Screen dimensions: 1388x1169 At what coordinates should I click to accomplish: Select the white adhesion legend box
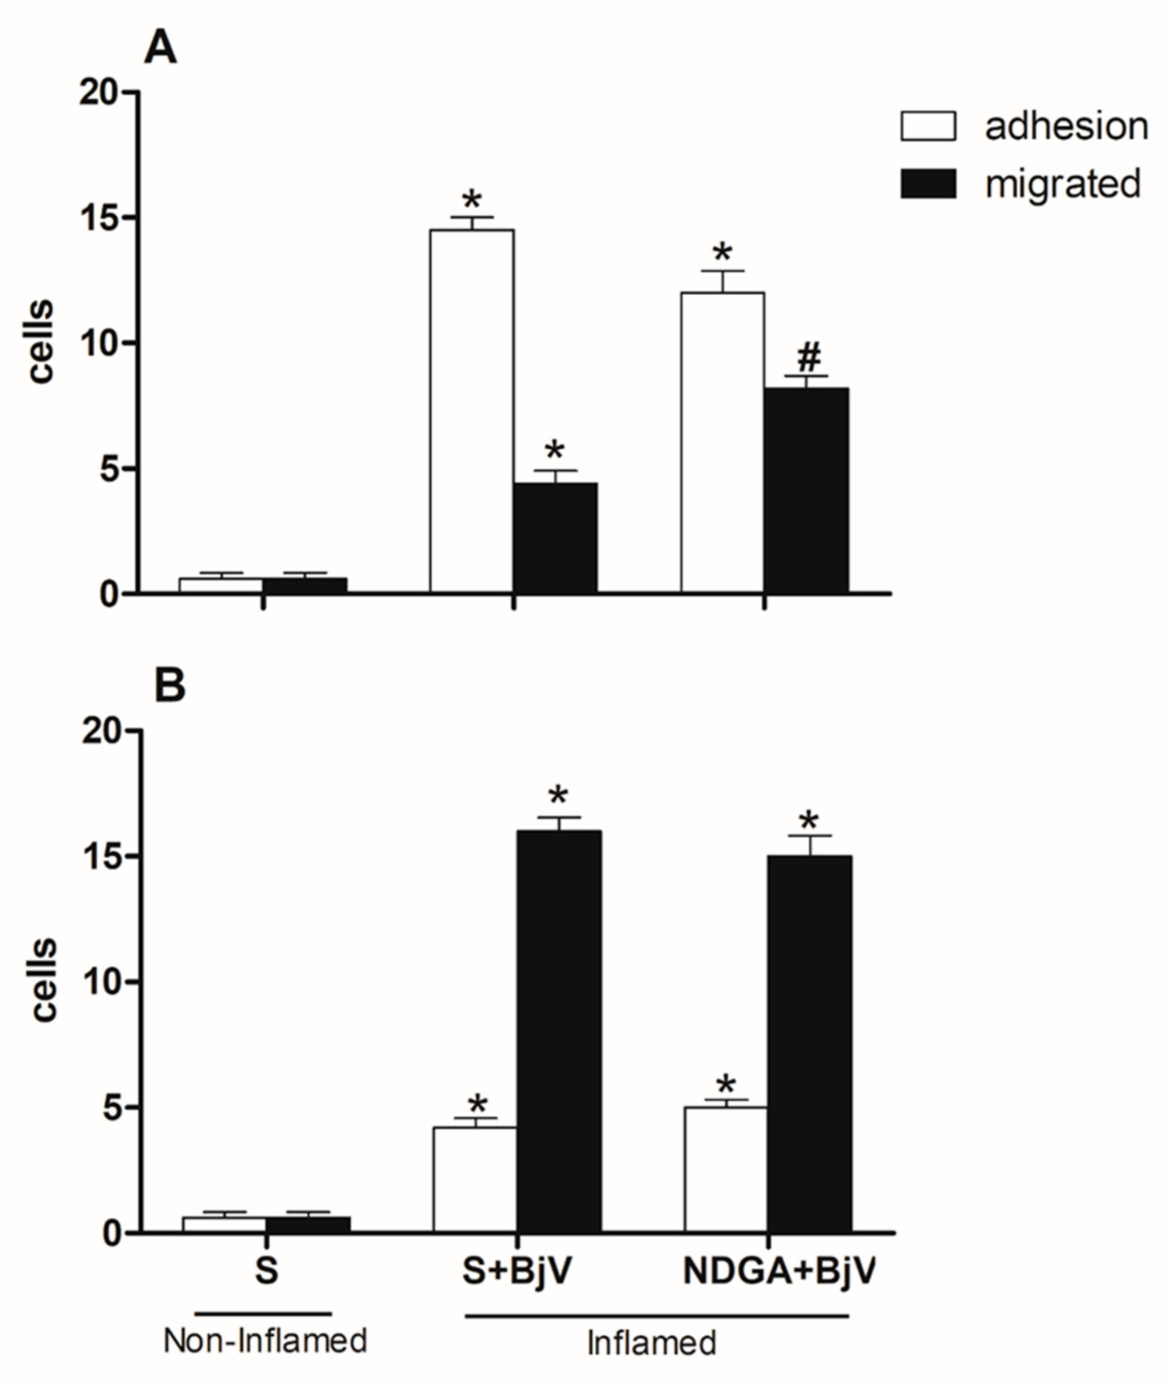click(x=928, y=126)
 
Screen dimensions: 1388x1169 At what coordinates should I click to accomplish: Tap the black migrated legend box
click(x=928, y=184)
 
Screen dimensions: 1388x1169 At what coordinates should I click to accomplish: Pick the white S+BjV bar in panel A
click(x=471, y=411)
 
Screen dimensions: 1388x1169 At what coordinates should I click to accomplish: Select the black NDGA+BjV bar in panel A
click(x=806, y=491)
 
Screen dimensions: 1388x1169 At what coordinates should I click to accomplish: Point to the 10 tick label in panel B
click(x=103, y=982)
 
